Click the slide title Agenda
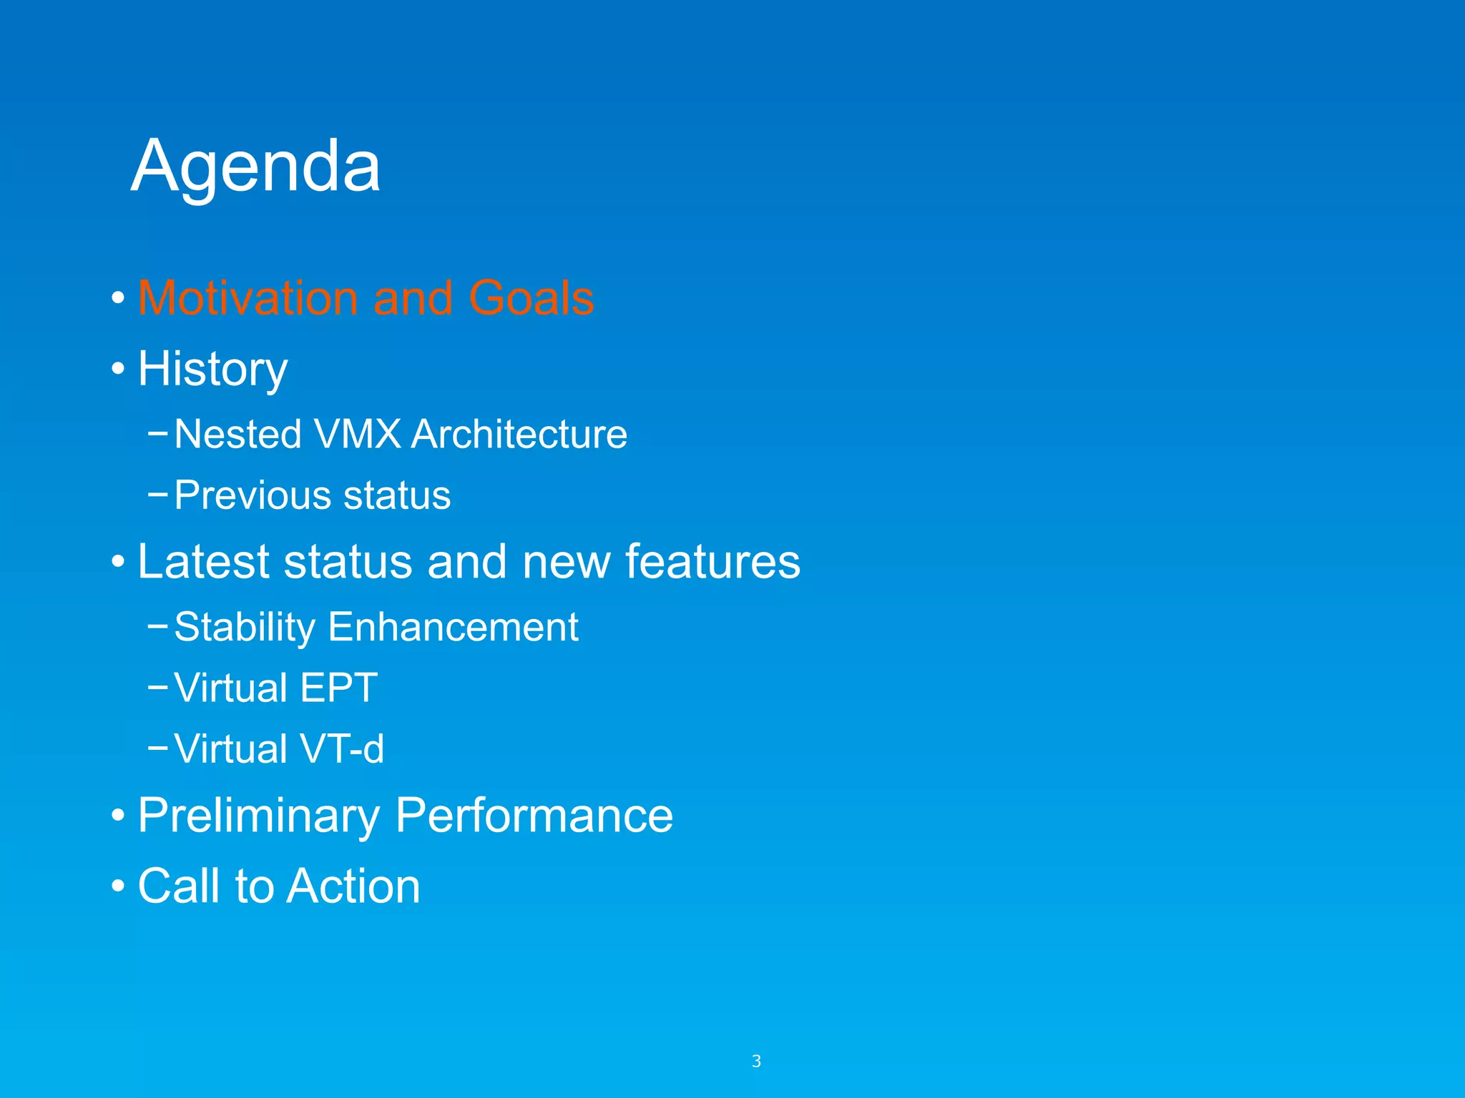coord(255,167)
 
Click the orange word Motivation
coord(248,297)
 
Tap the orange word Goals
coord(531,297)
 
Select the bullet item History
coord(212,370)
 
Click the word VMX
coord(357,434)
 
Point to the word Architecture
coord(519,434)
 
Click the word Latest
coord(203,561)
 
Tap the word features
coord(712,561)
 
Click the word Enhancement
coord(453,627)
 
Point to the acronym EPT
coord(338,688)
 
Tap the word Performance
coord(534,816)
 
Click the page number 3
coord(756,1062)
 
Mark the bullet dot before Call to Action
coord(118,887)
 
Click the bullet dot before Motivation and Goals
coord(118,299)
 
